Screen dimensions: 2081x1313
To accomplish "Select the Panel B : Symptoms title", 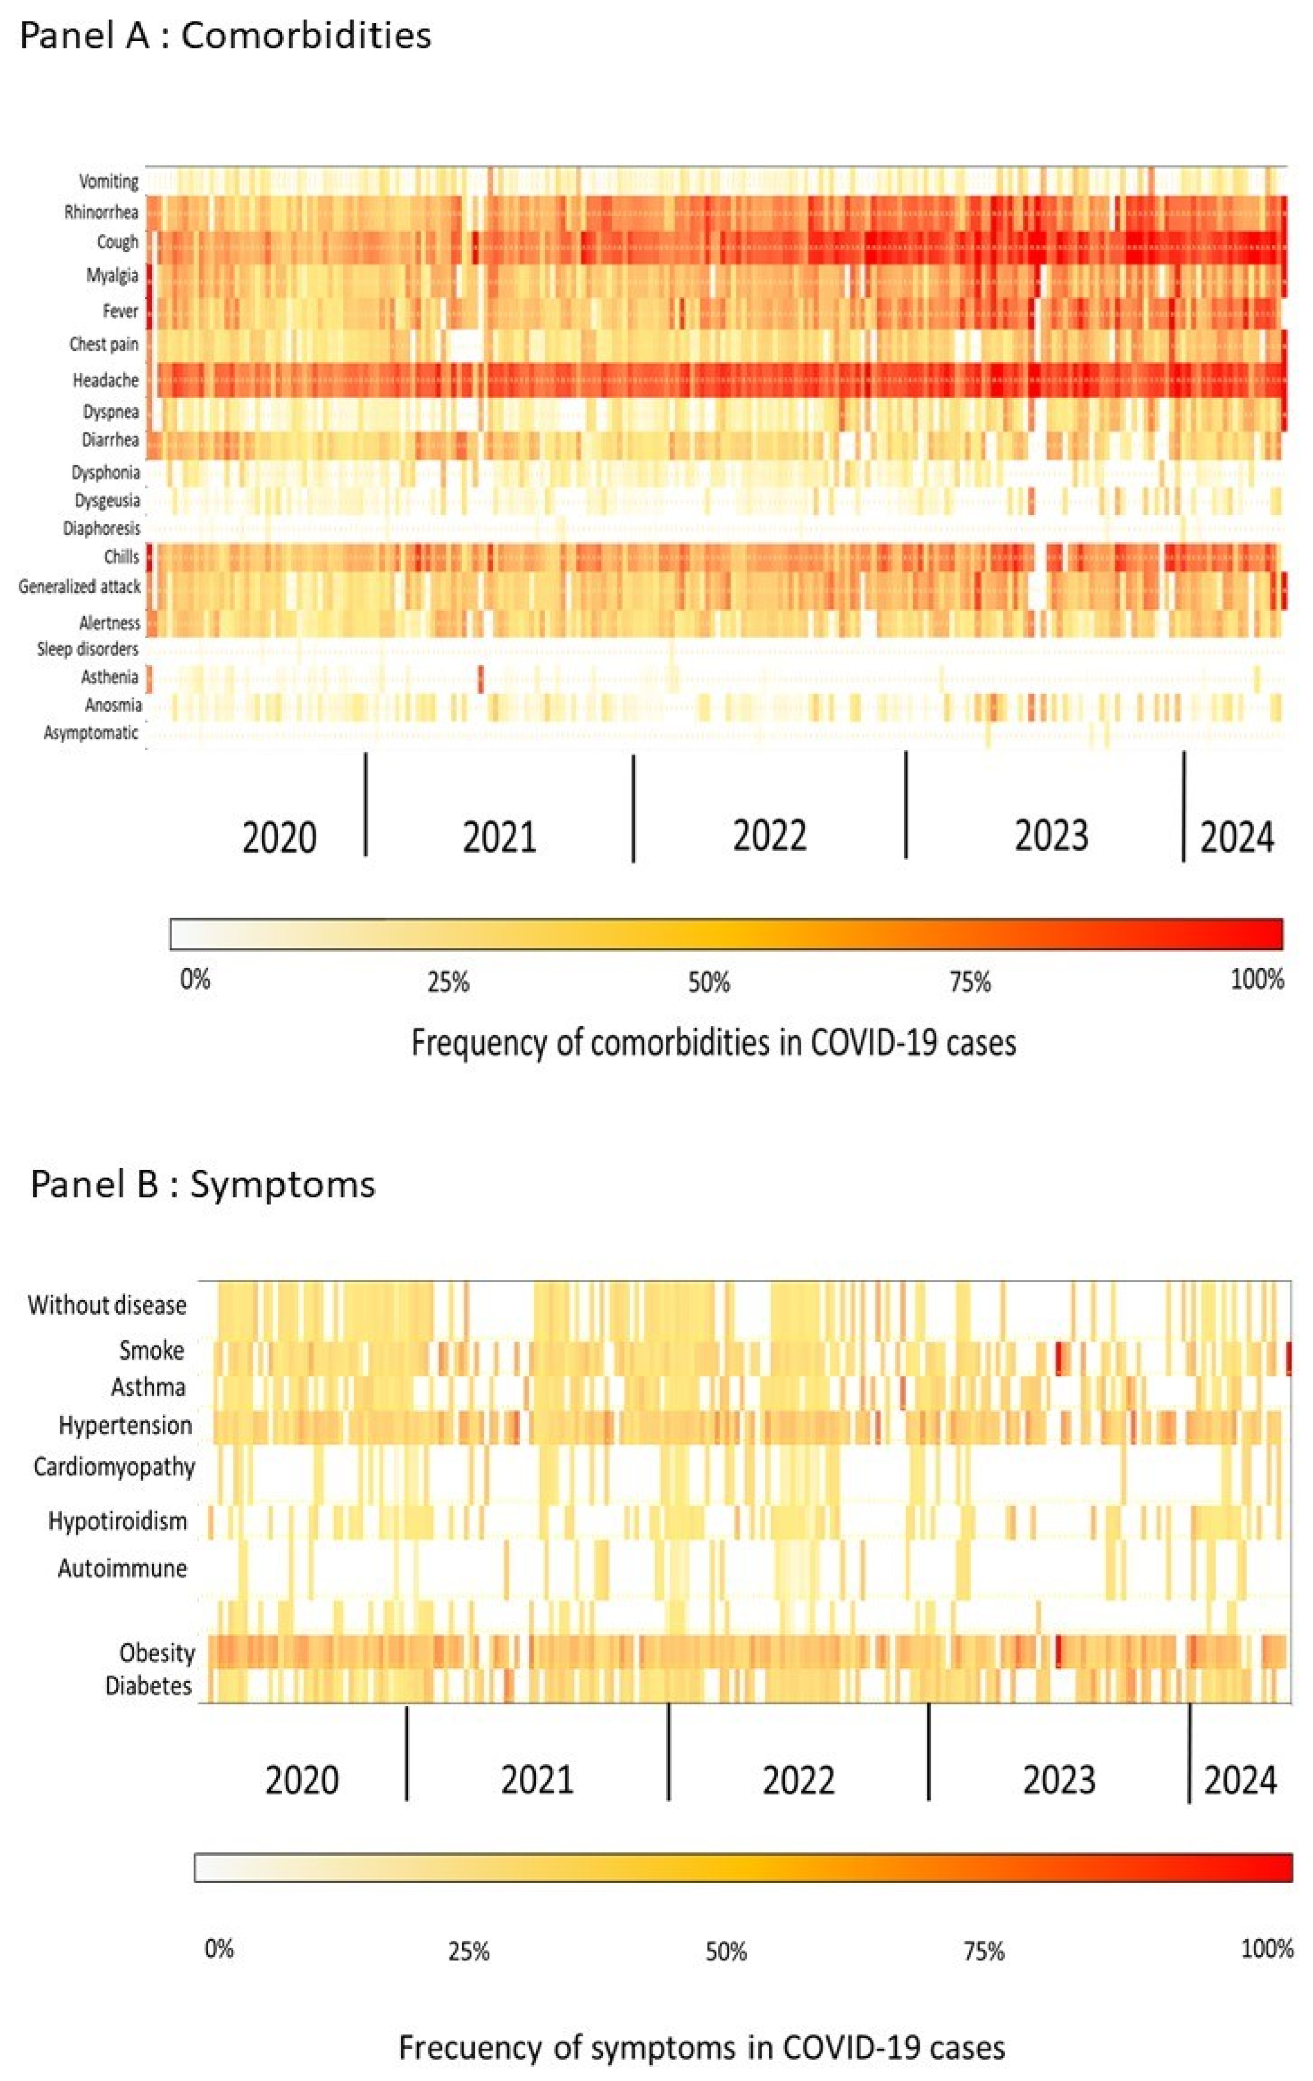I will click(x=203, y=1184).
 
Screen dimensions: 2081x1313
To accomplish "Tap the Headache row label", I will click(x=106, y=380).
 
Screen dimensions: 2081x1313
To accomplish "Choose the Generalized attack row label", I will click(x=79, y=587).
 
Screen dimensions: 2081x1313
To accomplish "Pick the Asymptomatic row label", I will click(x=90, y=733).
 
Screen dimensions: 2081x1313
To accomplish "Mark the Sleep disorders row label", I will click(x=87, y=649).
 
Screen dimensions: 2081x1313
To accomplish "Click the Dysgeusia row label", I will click(x=107, y=500).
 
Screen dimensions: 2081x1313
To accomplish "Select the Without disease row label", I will click(x=107, y=1305).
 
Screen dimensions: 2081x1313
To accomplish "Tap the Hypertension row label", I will click(x=125, y=1425).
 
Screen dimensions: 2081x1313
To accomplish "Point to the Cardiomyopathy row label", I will click(x=114, y=1467).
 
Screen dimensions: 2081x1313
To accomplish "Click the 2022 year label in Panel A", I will click(x=770, y=836).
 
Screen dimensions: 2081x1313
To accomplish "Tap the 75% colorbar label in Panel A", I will click(x=970, y=982).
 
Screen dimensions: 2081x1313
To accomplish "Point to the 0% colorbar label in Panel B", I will click(x=219, y=1950).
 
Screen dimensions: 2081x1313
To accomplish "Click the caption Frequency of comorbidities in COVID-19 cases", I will click(x=713, y=1043).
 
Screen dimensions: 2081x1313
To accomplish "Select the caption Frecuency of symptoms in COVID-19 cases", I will click(x=701, y=2048).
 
